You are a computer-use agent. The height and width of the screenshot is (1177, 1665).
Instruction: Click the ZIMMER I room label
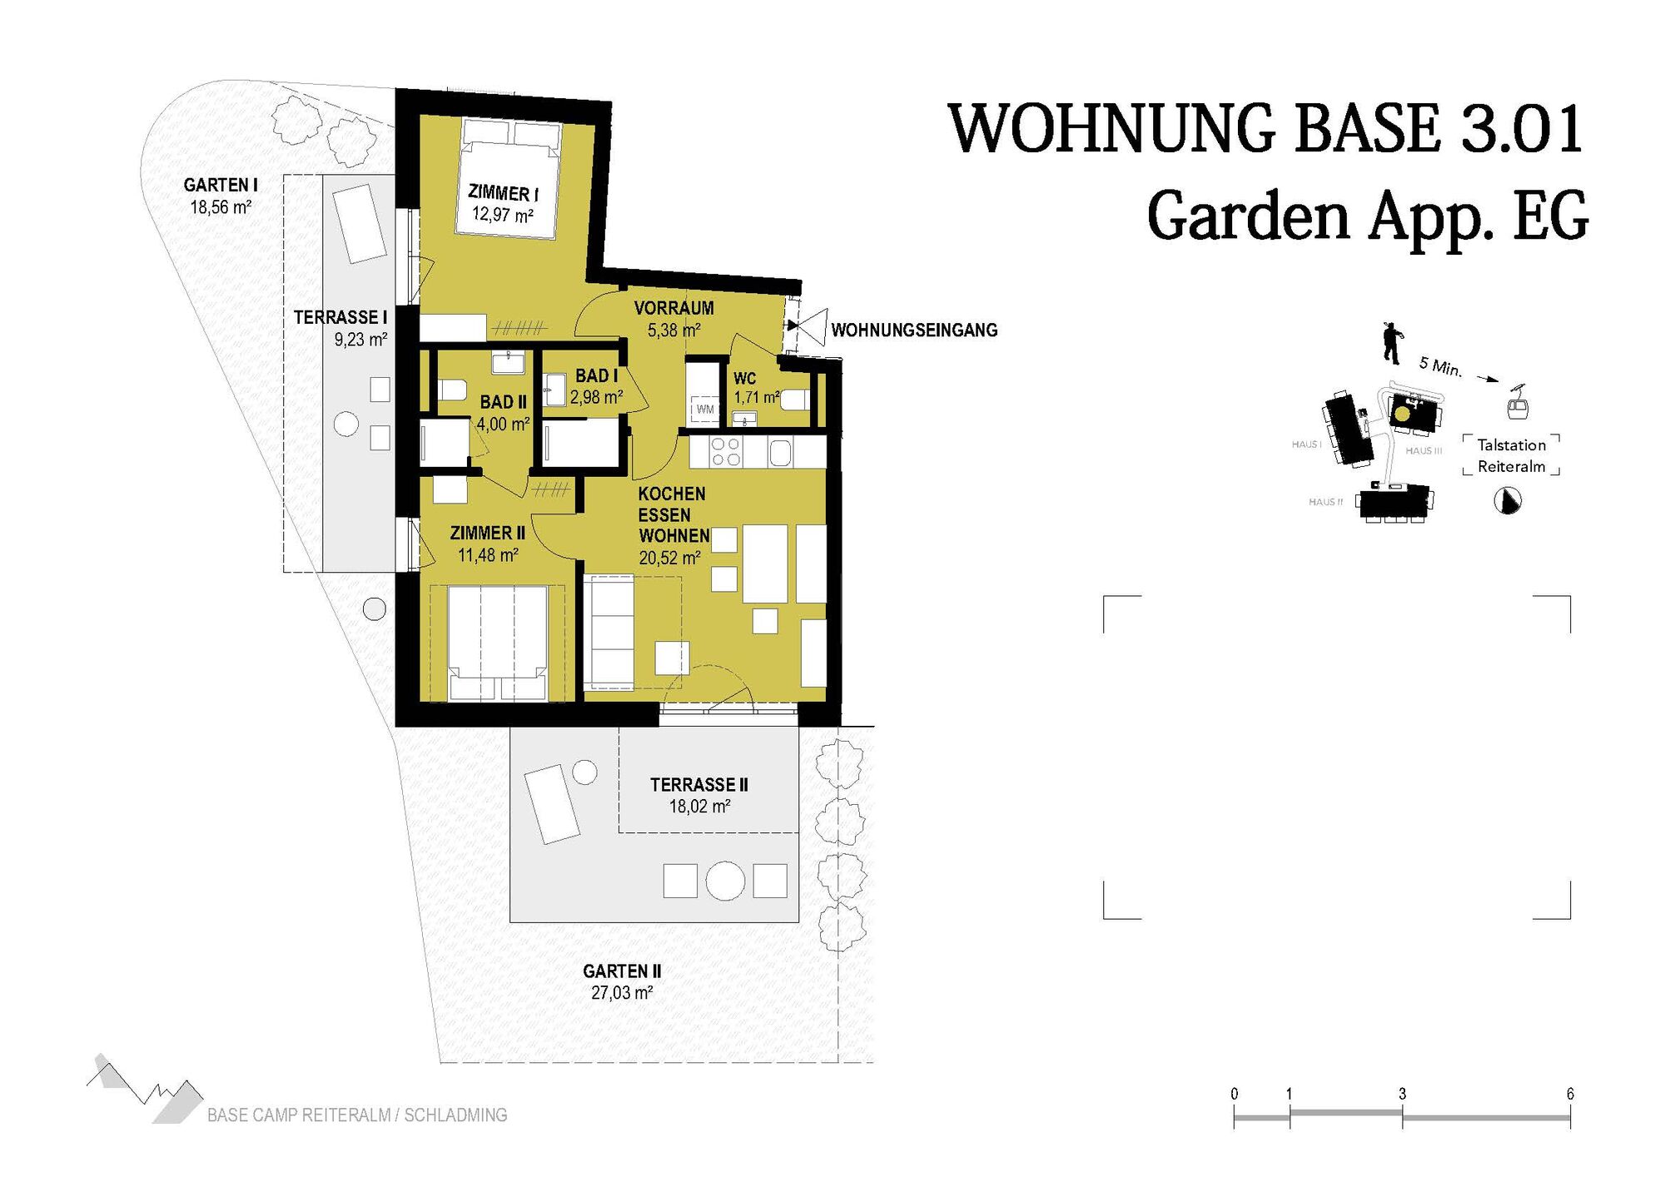[503, 194]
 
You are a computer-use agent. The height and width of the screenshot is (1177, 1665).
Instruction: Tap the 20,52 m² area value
[670, 559]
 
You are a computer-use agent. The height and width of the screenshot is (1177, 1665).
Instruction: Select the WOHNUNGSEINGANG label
[914, 330]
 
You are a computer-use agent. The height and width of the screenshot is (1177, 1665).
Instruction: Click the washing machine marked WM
[705, 410]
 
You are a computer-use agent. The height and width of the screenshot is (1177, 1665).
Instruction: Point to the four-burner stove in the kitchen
[726, 452]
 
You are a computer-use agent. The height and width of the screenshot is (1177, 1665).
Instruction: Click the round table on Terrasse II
[725, 881]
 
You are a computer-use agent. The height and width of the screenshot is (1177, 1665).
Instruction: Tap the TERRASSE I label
[340, 317]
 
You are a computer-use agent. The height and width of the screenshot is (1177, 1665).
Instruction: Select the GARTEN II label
[622, 971]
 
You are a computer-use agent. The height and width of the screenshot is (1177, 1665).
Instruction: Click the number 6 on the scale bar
[1570, 1094]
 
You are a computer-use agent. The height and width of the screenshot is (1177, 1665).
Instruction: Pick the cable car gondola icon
[1518, 405]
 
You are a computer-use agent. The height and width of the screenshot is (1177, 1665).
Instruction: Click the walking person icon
[1392, 343]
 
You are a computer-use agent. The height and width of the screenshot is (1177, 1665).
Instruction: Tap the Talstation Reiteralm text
[1511, 456]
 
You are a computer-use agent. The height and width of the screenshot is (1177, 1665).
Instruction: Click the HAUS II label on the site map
[1326, 502]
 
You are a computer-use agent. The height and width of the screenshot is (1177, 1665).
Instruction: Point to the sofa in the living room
[609, 632]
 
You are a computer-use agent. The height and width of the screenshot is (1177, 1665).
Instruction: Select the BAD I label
[596, 376]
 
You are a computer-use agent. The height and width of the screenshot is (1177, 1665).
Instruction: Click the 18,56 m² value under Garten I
[221, 207]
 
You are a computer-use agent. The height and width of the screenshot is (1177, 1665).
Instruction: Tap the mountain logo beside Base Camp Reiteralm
[146, 1088]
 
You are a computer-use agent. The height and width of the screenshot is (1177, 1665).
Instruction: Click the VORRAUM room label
[673, 308]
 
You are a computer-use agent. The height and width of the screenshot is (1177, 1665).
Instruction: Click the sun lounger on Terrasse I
[360, 224]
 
